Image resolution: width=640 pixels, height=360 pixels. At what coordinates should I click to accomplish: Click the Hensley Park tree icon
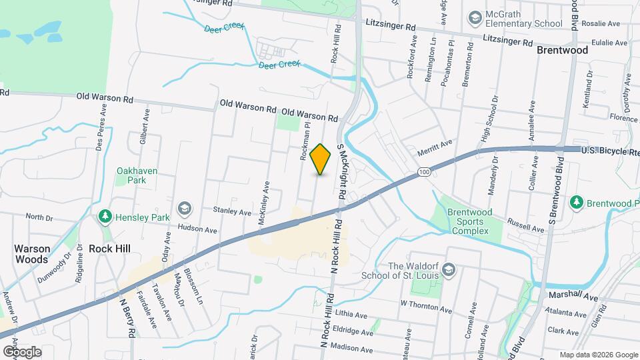(x=105, y=216)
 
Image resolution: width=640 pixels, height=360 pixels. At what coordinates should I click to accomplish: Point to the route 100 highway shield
(x=424, y=173)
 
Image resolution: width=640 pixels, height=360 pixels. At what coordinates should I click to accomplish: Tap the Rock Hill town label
(x=109, y=249)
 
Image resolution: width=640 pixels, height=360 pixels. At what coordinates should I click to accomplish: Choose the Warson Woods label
(x=32, y=254)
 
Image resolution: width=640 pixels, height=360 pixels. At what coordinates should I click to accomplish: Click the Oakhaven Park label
(x=137, y=175)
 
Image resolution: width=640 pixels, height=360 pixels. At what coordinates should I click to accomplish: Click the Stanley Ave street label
(x=232, y=211)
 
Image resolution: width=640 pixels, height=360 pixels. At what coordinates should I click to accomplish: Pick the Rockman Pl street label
(x=305, y=142)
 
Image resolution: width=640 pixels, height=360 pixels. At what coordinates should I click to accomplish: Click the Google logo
(x=21, y=351)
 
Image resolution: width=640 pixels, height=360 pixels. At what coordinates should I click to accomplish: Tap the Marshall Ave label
(x=573, y=295)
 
